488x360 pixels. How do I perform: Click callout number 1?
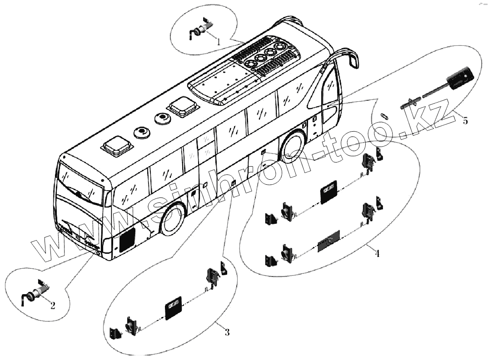click(x=219, y=41)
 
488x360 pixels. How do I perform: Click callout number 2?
click(x=53, y=306)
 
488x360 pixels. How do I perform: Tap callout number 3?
click(x=227, y=332)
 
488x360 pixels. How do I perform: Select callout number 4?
click(x=377, y=253)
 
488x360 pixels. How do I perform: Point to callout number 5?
click(x=464, y=121)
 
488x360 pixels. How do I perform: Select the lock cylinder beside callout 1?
click(x=198, y=31)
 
